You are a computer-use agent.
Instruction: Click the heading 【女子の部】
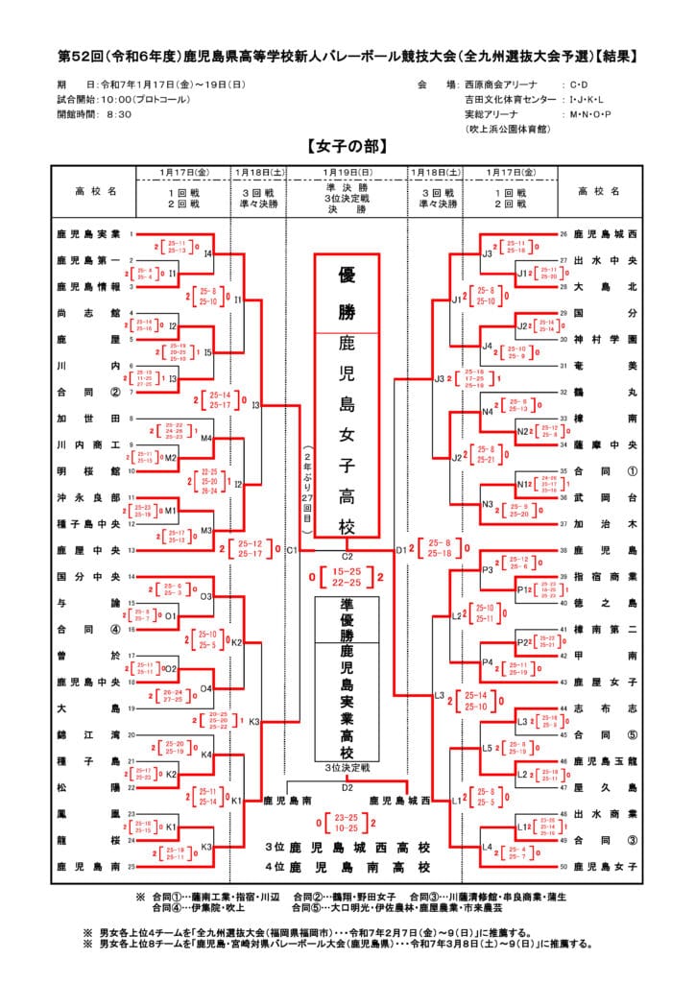[x=347, y=147]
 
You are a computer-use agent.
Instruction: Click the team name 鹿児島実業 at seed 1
[x=87, y=233]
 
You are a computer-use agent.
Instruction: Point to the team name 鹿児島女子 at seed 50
[x=607, y=866]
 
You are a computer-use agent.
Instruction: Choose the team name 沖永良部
[x=87, y=497]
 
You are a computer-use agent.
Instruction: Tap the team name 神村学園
[x=607, y=339]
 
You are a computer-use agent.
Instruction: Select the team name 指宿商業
[x=607, y=576]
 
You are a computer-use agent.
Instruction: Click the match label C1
[x=292, y=550]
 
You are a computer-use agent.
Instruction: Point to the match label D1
[x=401, y=550]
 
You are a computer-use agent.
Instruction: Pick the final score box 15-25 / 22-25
[x=347, y=578]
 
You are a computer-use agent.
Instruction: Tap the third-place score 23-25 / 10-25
[x=347, y=823]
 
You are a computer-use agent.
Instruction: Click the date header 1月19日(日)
[x=347, y=172]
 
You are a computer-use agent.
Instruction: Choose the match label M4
[x=206, y=438]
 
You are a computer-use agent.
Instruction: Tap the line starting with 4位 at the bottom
[x=347, y=867]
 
